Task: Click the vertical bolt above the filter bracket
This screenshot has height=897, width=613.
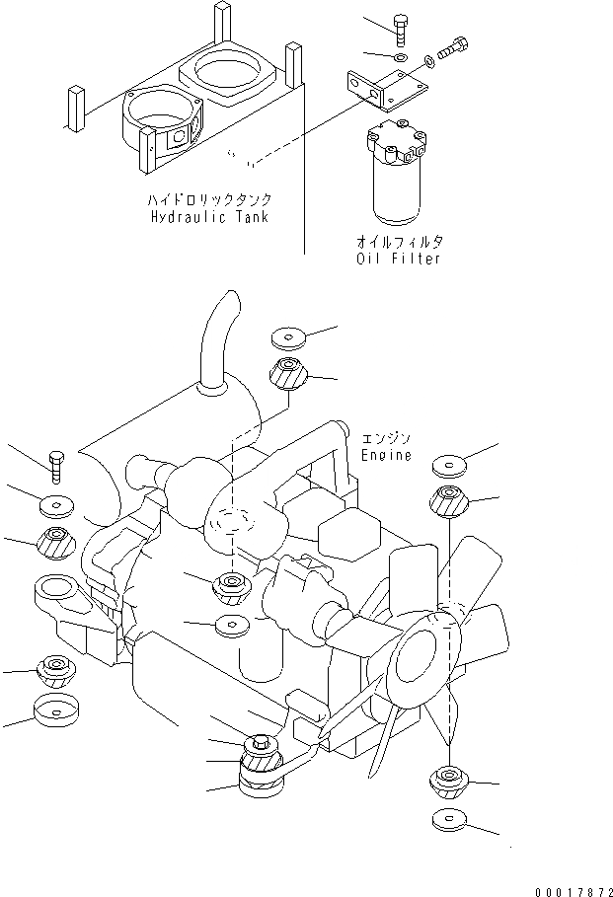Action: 400,30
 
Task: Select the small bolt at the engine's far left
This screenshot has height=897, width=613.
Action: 55,464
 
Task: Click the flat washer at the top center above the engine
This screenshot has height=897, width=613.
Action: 287,338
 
